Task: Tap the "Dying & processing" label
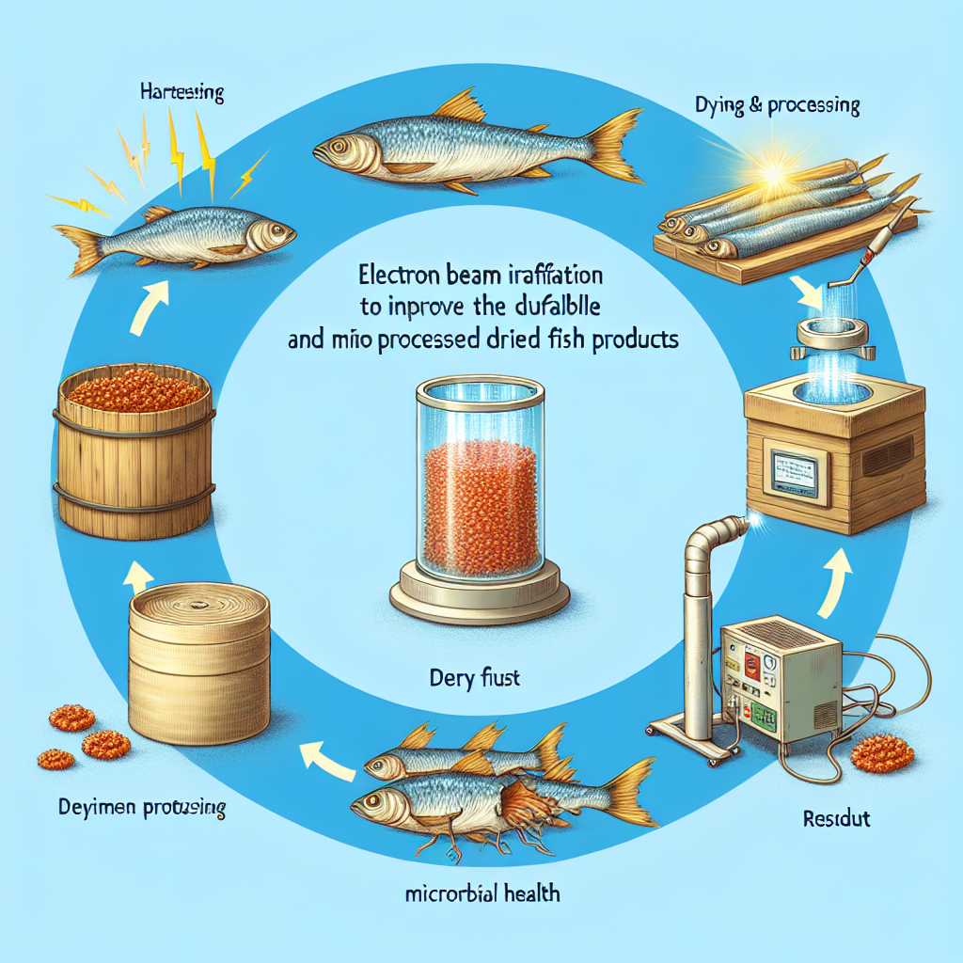click(x=765, y=105)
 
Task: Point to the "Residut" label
click(x=838, y=818)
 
